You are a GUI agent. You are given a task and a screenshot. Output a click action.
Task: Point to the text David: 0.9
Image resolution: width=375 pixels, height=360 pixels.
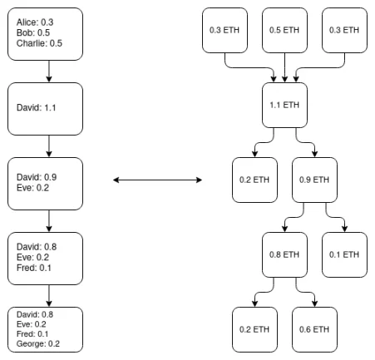37,177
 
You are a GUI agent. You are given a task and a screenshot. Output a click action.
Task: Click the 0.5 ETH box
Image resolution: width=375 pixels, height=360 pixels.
286,30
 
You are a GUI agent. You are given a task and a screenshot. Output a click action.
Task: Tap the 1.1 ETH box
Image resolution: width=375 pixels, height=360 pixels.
286,106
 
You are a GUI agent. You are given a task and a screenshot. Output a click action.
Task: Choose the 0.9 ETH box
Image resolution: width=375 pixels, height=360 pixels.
316,180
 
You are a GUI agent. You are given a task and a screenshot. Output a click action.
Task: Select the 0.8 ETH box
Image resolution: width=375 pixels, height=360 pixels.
285,254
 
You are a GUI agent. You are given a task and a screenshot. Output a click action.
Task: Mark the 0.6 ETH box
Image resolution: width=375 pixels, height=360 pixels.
316,328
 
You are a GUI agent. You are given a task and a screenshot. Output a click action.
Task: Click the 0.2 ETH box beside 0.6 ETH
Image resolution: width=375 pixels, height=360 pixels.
255,328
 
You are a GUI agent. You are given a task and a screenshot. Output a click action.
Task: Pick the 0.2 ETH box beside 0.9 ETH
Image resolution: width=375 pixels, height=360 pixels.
255,180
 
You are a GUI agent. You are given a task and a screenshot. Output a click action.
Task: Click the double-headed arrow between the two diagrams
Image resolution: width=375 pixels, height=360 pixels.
159,180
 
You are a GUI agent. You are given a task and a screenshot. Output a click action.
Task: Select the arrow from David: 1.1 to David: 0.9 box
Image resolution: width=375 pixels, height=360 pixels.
49,145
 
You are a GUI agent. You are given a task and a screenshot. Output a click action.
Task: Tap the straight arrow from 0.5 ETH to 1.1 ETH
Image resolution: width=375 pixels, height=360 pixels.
286,67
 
